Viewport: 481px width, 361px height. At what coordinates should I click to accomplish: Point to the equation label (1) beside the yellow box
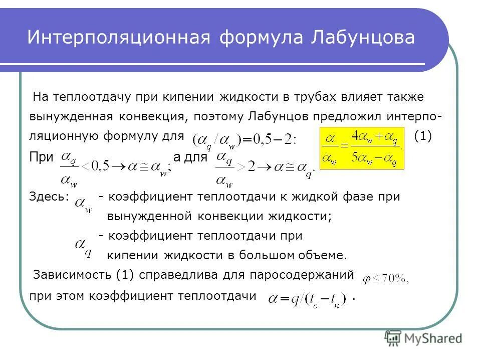[423, 136]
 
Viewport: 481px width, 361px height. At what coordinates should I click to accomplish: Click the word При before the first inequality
[41, 157]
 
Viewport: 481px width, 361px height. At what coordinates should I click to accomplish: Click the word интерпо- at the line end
[413, 116]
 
